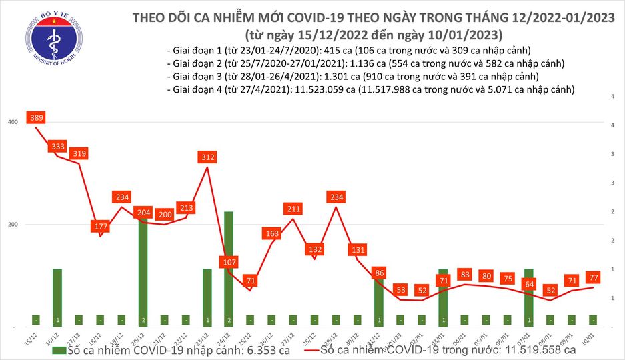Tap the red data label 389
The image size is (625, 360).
point(37,117)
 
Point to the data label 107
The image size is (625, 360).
point(229,261)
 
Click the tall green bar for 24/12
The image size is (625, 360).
point(229,267)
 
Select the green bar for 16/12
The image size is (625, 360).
point(57,297)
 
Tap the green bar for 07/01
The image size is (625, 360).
point(529,297)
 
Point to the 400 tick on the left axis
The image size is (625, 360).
point(13,122)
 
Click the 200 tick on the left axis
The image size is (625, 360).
point(13,225)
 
